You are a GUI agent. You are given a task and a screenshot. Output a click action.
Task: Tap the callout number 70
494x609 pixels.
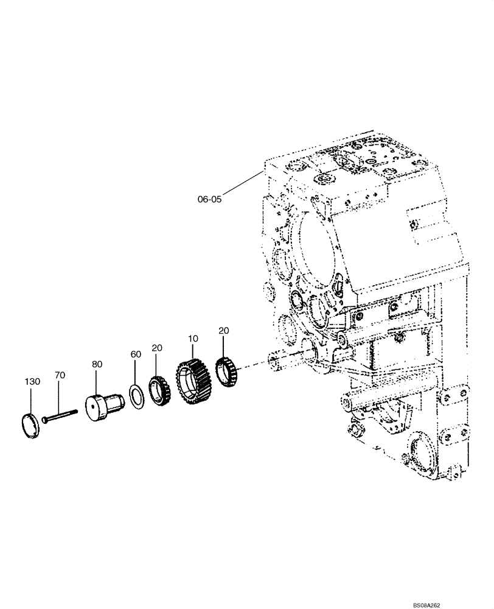pos(59,376)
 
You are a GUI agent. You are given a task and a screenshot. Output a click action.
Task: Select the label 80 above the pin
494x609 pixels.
pos(97,364)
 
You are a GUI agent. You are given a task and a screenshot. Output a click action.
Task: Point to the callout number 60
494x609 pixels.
pos(135,354)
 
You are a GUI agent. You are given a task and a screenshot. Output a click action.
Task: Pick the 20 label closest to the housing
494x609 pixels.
pos(223,330)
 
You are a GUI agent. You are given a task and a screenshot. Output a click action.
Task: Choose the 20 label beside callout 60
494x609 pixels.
pos(157,348)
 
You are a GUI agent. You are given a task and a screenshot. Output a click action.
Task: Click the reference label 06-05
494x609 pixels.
pos(209,199)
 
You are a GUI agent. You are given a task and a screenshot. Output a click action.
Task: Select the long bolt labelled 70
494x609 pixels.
pos(61,416)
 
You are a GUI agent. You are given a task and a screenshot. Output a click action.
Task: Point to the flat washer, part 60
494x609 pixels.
pos(137,393)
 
